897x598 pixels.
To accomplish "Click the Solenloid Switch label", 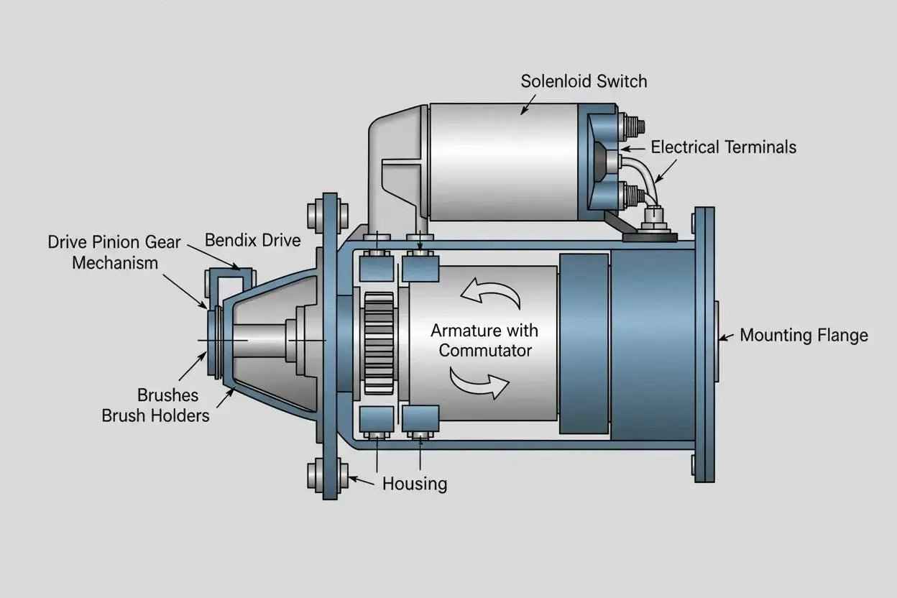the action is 584,81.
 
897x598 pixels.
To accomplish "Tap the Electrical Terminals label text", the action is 723,147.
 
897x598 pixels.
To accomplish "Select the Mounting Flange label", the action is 804,335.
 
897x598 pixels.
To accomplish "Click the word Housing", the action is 415,484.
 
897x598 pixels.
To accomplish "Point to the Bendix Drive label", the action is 253,240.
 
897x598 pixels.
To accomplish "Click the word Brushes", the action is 167,395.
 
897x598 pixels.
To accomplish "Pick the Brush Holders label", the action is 155,415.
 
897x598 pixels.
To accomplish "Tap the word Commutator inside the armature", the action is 485,351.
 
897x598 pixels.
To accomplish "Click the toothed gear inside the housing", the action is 379,344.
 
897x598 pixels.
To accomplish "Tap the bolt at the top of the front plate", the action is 327,216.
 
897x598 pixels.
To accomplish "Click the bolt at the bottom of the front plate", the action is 327,476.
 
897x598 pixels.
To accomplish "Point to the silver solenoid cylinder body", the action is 503,162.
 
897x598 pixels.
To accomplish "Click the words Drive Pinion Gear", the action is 114,242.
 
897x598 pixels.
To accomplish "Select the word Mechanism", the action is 115,263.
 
